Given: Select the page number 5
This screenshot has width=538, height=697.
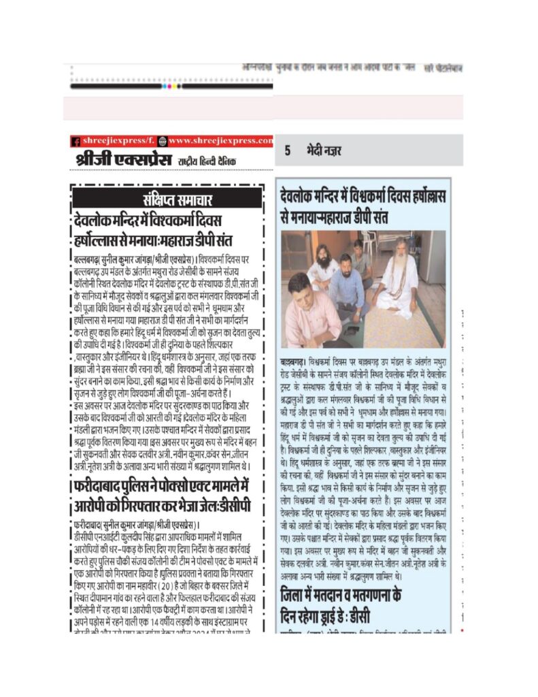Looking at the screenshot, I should [288, 151].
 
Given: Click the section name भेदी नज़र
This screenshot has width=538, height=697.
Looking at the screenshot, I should [324, 151].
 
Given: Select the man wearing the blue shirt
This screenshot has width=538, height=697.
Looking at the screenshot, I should [347, 286].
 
